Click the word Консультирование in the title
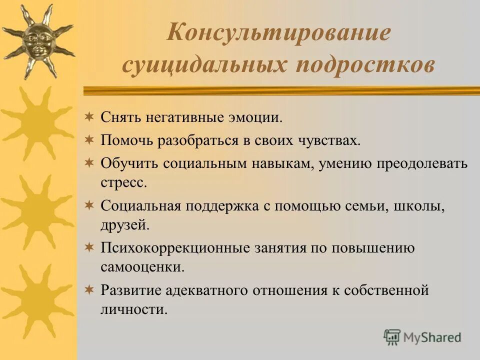[x=278, y=34]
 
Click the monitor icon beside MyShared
[x=392, y=337]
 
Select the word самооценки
[x=142, y=267]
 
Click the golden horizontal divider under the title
[x=280, y=90]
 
